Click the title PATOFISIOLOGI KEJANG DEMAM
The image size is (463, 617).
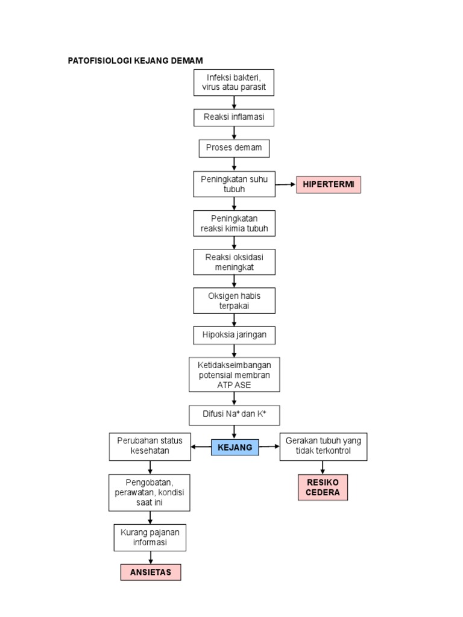tap(135, 60)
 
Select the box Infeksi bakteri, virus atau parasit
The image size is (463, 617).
tap(234, 83)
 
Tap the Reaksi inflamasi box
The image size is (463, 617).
tap(234, 117)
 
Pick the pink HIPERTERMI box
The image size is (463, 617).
tap(329, 184)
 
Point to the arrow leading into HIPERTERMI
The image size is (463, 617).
tap(286, 184)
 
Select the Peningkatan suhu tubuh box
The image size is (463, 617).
tap(234, 184)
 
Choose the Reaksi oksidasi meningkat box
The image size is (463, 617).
tap(234, 262)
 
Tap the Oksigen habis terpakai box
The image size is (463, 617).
tap(234, 300)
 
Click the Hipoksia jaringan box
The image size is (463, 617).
tap(234, 335)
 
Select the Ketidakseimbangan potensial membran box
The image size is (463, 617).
tap(234, 375)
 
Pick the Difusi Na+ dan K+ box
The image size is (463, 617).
tap(234, 415)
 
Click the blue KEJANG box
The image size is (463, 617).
tap(235, 447)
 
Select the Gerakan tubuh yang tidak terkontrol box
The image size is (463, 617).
tap(323, 446)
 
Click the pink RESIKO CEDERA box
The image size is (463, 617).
tap(323, 487)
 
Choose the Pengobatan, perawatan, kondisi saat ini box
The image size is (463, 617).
tap(150, 492)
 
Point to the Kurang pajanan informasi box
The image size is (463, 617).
tap(150, 537)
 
